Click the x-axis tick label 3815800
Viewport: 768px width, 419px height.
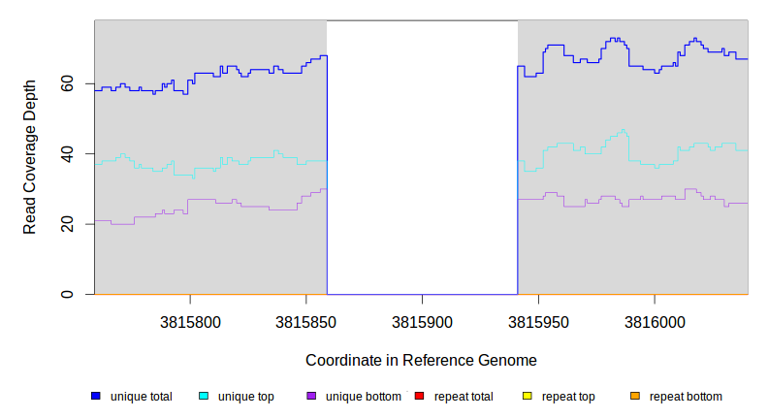pyautogui.click(x=190, y=321)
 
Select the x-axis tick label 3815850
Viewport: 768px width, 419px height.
pyautogui.click(x=306, y=321)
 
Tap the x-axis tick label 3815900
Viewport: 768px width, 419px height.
pyautogui.click(x=422, y=321)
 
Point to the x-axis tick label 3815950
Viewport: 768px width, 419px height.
pyautogui.click(x=538, y=321)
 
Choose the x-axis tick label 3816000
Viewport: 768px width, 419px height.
pyautogui.click(x=655, y=321)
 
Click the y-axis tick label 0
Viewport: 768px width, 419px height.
pyautogui.click(x=67, y=294)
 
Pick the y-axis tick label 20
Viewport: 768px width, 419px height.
pyautogui.click(x=67, y=224)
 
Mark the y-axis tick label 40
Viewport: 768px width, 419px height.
pyautogui.click(x=67, y=154)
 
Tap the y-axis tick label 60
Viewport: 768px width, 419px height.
pyautogui.click(x=67, y=84)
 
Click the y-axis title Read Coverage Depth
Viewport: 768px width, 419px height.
pyautogui.click(x=30, y=157)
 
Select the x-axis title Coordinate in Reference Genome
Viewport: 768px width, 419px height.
pyautogui.click(x=421, y=360)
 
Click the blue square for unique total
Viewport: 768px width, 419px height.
pyautogui.click(x=96, y=396)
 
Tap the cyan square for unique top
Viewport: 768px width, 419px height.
pyautogui.click(x=204, y=396)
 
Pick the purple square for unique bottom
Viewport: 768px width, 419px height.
pyautogui.click(x=311, y=396)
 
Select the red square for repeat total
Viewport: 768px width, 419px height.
pyautogui.click(x=419, y=396)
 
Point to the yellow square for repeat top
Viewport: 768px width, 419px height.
pyautogui.click(x=527, y=396)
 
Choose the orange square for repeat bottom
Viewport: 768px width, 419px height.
pyautogui.click(x=634, y=396)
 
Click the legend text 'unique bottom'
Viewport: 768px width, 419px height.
pyautogui.click(x=363, y=397)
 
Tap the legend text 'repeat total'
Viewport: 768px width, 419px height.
pyautogui.click(x=464, y=397)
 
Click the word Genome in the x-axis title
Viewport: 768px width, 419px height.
pyautogui.click(x=507, y=360)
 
